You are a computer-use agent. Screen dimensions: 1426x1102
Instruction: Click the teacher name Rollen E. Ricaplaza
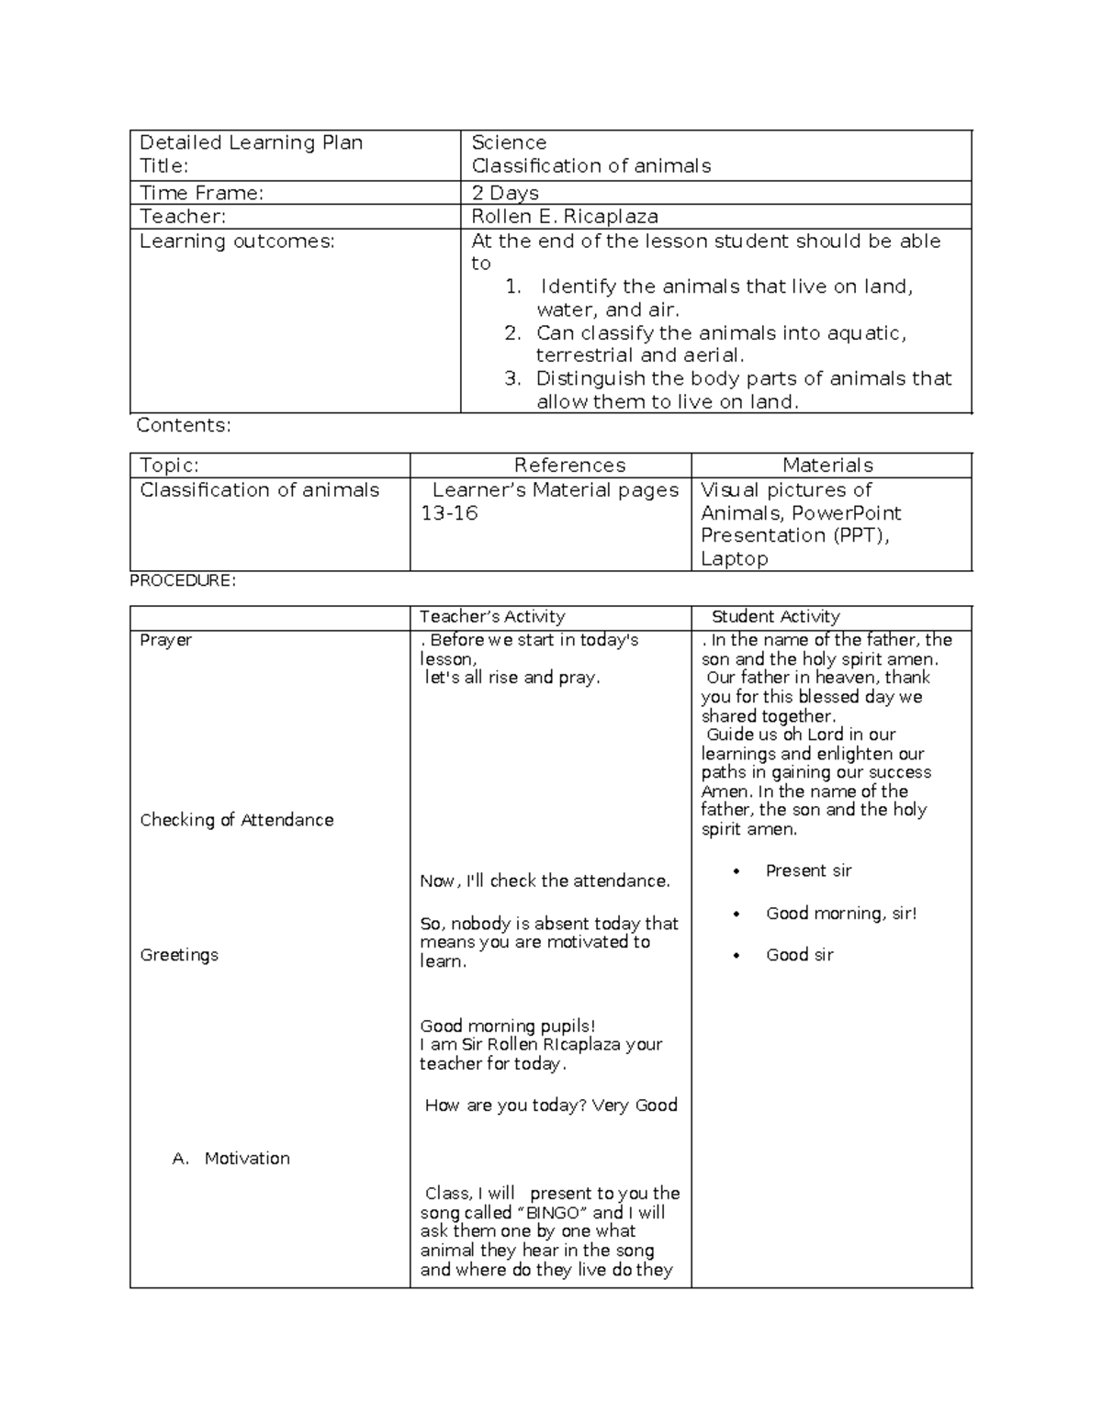pos(564,217)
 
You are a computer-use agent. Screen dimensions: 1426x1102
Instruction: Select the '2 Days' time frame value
pos(504,193)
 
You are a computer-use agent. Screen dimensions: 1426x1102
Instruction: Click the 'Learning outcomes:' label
pos(237,241)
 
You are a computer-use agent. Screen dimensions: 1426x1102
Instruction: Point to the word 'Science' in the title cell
pos(509,142)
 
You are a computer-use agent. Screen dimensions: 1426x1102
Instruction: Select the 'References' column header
pos(569,466)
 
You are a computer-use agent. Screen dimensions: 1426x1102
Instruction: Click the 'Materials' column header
pos(827,466)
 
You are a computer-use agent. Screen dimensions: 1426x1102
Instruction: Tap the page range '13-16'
pos(449,513)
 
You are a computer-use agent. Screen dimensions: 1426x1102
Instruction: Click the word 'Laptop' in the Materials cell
pos(734,558)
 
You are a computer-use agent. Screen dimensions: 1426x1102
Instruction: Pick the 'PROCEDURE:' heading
pos(183,580)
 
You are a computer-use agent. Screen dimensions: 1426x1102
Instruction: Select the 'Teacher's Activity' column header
pos(492,617)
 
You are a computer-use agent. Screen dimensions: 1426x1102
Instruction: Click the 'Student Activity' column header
pos(775,617)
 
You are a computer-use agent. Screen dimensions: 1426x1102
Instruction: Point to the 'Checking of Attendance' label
pos(236,820)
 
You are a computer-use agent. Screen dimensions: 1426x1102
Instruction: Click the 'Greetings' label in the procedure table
pos(179,955)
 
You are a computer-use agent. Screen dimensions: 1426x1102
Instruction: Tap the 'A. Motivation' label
pos(231,1159)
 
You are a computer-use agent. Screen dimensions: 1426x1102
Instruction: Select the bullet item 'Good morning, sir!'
pos(841,914)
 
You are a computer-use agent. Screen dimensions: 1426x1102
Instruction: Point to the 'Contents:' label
pos(184,425)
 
